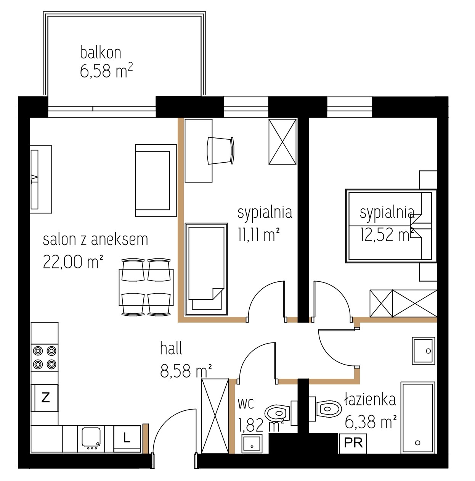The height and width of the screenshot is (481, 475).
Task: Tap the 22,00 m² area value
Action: (73, 261)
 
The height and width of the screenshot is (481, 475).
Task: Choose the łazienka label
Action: (370, 399)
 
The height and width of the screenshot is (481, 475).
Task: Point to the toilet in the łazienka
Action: (326, 409)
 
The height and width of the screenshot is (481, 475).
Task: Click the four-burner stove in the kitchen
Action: (45, 358)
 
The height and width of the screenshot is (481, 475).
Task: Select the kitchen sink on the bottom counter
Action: (91, 440)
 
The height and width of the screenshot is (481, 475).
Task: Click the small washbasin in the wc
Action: (252, 444)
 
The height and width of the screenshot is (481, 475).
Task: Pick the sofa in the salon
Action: (156, 181)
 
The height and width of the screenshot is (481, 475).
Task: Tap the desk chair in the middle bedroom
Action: (221, 150)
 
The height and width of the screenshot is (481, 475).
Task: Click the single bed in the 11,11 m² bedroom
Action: (206, 269)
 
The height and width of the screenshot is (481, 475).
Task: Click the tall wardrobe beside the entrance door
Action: (215, 416)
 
